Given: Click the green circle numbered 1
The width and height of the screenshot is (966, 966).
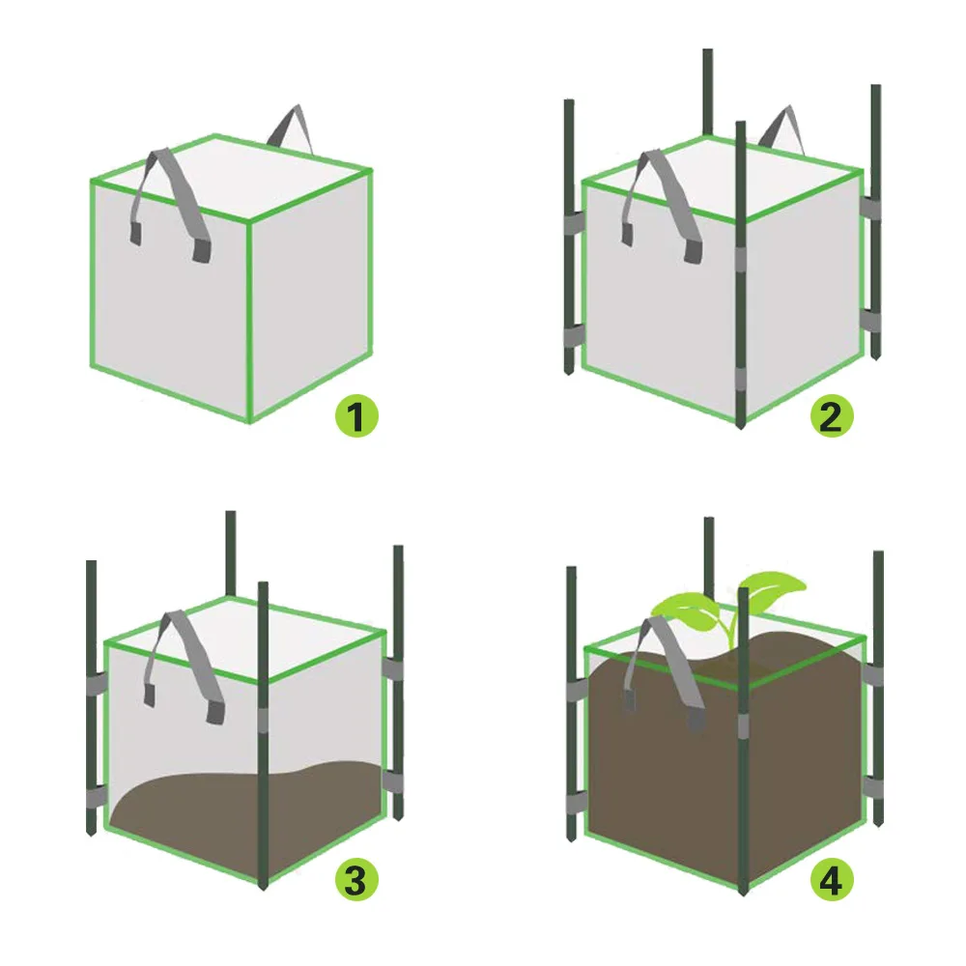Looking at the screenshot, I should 356,417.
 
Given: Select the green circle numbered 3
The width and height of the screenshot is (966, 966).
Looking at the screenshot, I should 356,880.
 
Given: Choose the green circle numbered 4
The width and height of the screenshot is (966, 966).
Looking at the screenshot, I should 832,880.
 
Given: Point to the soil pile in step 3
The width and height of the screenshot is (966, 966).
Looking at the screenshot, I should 241,807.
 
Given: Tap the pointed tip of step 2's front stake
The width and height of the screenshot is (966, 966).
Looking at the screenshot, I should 741,426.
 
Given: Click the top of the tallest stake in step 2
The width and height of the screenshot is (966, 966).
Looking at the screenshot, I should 708,52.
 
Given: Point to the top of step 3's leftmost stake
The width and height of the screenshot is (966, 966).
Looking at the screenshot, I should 92,563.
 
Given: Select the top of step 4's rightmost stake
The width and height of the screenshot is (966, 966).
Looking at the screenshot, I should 878,554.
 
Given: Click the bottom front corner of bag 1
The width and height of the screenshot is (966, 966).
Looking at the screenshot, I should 249,421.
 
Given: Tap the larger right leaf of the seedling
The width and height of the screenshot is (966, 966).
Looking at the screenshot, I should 773,585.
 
